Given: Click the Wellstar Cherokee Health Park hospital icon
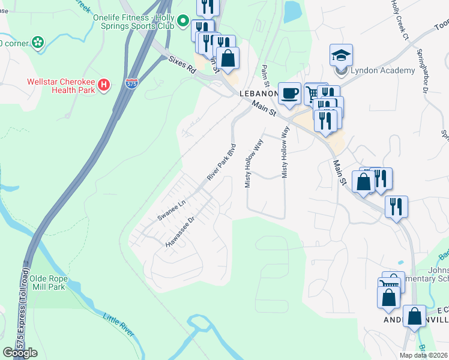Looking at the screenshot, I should (104, 85).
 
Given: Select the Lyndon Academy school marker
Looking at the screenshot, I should (341, 56).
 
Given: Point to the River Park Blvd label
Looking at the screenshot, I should (222, 162).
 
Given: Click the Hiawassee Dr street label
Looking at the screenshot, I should (181, 232).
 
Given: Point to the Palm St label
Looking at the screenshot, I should (264, 76).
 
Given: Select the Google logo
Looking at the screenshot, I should (20, 353).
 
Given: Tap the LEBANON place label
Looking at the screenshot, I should (259, 94).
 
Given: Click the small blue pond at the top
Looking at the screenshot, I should (292, 11).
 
